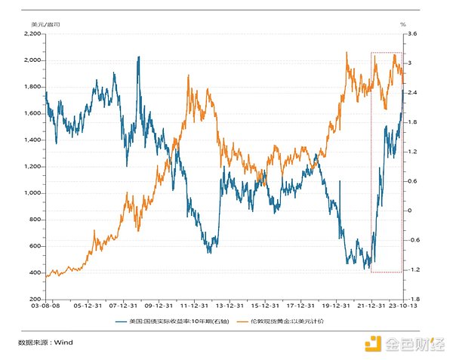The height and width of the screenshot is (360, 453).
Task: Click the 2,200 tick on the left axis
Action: click(33, 33)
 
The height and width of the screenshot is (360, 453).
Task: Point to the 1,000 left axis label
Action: click(33, 192)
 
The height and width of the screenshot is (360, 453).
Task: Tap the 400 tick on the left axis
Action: click(35, 272)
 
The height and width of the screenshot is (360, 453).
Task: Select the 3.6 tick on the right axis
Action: click(412, 33)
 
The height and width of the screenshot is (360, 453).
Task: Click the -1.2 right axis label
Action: click(412, 269)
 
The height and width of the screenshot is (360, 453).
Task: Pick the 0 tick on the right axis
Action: click(410, 211)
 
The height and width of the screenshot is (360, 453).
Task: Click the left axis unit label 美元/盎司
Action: click(44, 24)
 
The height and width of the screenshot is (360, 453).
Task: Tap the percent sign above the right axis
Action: click(403, 24)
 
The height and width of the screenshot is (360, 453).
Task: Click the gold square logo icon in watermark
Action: click(372, 345)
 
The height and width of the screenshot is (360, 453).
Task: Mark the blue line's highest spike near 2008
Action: click(138, 57)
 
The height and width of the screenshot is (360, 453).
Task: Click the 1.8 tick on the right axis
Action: click(411, 122)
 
